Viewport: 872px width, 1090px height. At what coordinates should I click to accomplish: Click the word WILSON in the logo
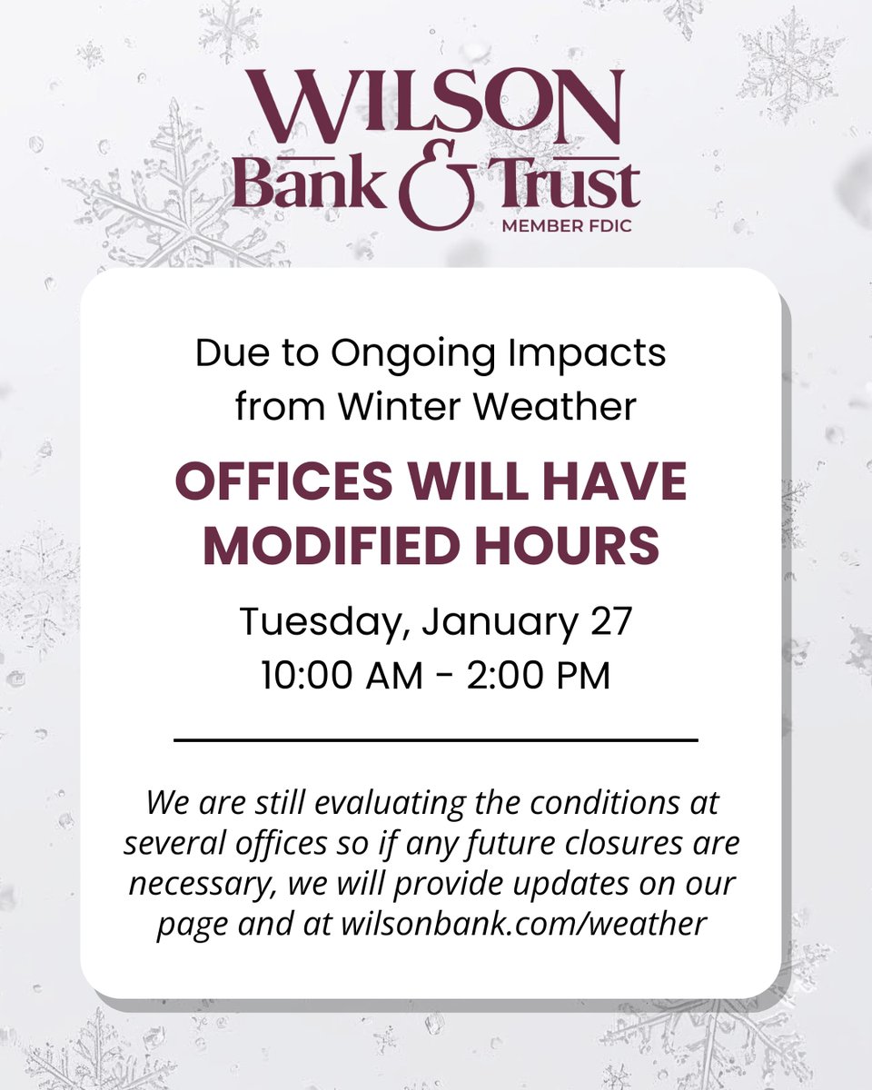tap(435, 107)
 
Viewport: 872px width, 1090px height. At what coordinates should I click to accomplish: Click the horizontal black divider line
tap(435, 740)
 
